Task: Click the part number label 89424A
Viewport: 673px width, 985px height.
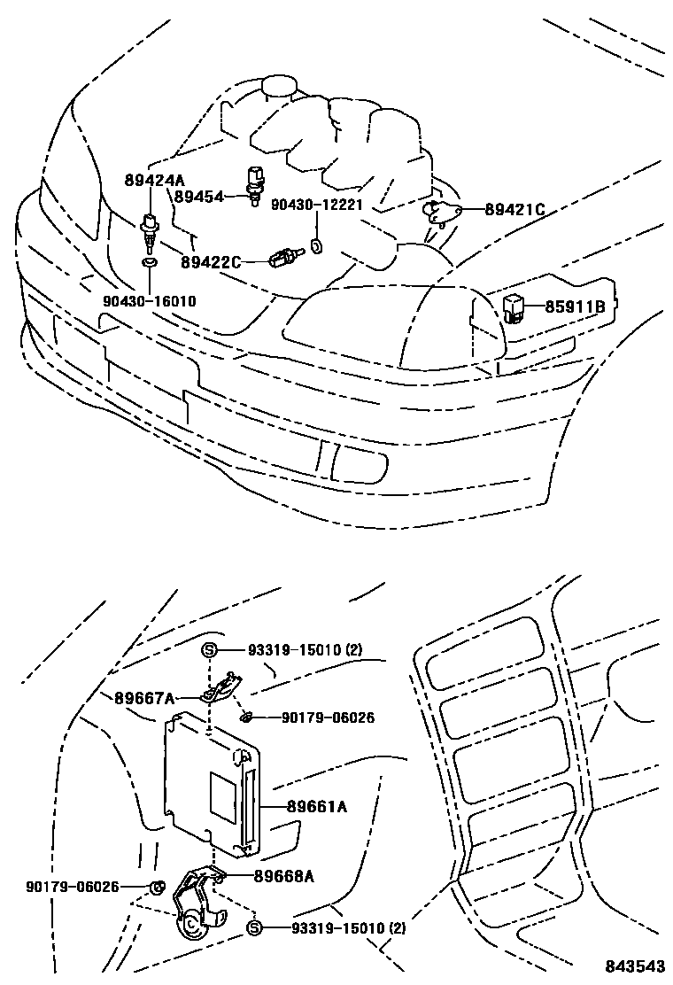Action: (x=154, y=181)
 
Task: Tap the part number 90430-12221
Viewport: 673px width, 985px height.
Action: (x=317, y=204)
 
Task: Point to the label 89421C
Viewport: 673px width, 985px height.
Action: (x=514, y=210)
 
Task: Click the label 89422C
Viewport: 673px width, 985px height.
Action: (x=211, y=262)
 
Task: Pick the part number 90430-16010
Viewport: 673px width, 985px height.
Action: (x=149, y=301)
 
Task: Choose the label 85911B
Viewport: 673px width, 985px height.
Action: (x=575, y=307)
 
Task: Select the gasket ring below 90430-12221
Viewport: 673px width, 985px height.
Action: (x=317, y=245)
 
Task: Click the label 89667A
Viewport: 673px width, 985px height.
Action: (x=143, y=698)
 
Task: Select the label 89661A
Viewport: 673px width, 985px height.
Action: (x=317, y=807)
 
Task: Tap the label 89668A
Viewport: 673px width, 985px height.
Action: (x=284, y=876)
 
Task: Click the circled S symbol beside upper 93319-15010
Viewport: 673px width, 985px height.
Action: (x=210, y=651)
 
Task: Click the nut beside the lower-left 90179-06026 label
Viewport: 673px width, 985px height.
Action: (x=156, y=887)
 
